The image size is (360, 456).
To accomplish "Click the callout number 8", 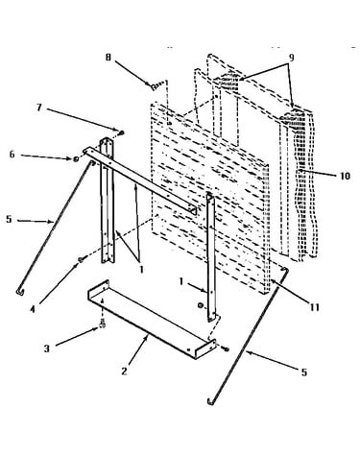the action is [x=108, y=58].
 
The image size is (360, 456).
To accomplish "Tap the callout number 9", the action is [x=291, y=58].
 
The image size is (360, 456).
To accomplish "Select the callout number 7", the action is [x=39, y=107].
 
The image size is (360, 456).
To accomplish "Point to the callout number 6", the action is [x=12, y=155].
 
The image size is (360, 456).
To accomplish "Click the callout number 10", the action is [x=345, y=176].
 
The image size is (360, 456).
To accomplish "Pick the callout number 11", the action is [x=315, y=307].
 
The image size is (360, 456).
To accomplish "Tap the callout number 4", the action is [x=33, y=309].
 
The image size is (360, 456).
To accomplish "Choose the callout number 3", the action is [x=47, y=348].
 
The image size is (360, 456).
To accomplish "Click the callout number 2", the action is [x=124, y=372].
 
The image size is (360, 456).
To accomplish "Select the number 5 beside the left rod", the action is [x=9, y=220].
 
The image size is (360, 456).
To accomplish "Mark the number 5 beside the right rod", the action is [x=303, y=372].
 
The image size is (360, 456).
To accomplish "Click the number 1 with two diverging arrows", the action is [x=141, y=270].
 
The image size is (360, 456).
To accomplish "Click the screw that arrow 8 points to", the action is [x=156, y=85].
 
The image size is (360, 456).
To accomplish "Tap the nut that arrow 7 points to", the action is [x=122, y=132].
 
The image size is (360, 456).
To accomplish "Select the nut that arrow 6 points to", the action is [x=76, y=158].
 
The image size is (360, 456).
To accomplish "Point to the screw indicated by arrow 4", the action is [x=82, y=259].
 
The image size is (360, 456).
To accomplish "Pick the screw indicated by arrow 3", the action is [x=102, y=324].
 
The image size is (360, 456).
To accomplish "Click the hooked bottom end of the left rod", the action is [x=19, y=291].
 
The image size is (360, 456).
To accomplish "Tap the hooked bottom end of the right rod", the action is [x=210, y=401].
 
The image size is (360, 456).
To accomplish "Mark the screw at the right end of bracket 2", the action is [x=226, y=348].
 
